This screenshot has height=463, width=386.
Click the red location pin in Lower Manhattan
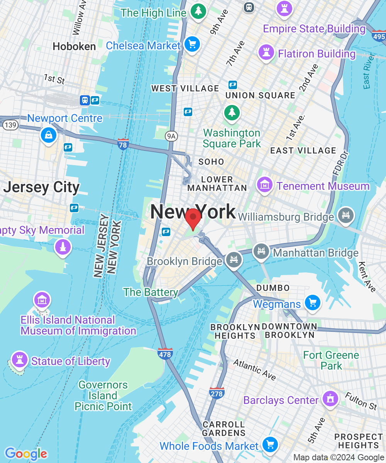193,218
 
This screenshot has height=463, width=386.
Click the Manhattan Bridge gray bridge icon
261,252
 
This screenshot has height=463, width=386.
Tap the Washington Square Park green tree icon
232,112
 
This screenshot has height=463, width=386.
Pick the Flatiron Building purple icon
266,52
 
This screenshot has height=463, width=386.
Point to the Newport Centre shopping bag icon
49,135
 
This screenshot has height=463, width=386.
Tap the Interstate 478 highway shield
165,353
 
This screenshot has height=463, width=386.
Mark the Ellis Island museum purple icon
42,299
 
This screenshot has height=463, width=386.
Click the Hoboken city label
74,47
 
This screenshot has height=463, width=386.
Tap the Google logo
26,454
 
